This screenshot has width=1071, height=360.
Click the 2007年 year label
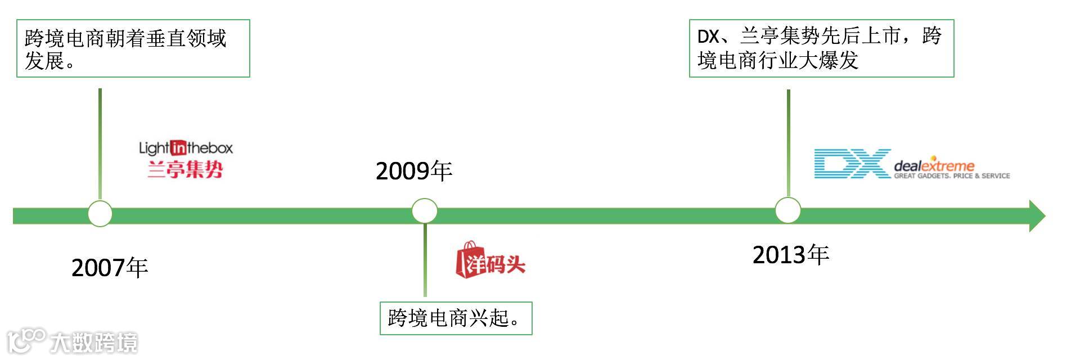point(110,268)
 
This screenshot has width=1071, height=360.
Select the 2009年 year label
point(414,171)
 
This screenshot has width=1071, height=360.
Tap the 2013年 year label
point(791,255)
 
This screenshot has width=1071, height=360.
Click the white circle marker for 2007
point(100,214)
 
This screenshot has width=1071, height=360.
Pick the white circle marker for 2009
point(425,211)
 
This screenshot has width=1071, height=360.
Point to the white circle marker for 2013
point(787,210)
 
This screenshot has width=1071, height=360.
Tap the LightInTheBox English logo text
point(186,148)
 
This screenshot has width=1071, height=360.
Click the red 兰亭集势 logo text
point(186,169)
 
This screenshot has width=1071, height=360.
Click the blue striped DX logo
point(852,164)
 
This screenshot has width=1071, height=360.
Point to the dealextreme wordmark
point(934,165)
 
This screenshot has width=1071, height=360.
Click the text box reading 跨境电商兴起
point(456,318)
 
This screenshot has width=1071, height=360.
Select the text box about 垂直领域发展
point(133,48)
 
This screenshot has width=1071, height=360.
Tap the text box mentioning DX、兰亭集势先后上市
point(821,48)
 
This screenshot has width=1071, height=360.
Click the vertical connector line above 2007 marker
point(100,143)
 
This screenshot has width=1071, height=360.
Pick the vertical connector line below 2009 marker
point(425,260)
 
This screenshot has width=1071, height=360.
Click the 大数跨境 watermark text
point(93,342)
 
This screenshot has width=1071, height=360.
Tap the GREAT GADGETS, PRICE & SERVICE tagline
point(952,176)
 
